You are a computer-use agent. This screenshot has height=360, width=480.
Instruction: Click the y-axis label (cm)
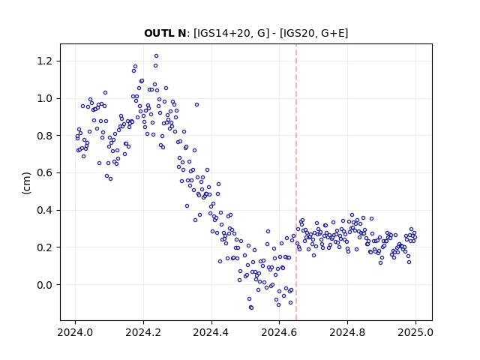27,183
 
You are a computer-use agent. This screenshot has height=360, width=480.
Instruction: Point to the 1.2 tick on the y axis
45,61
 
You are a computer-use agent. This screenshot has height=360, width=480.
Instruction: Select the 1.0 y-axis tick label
45,98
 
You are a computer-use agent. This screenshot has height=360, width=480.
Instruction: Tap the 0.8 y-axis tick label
45,136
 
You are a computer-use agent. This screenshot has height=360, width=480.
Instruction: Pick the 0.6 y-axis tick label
45,173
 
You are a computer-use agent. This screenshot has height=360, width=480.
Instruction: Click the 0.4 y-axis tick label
45,210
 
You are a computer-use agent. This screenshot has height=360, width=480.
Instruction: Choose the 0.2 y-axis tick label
45,247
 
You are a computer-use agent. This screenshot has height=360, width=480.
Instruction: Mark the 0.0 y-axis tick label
45,285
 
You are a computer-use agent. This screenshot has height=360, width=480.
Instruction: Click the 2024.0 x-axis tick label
75,332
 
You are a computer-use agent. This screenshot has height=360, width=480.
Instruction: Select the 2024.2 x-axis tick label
143,332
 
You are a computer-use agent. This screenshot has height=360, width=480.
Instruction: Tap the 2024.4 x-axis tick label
211,332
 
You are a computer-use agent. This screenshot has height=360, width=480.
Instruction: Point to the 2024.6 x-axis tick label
279,332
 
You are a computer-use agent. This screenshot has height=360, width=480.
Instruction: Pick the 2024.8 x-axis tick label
347,332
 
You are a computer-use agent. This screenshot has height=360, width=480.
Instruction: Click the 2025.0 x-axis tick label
415,332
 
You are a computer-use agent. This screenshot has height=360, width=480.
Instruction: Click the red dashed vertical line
296,182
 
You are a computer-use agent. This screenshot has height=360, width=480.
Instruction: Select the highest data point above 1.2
156,56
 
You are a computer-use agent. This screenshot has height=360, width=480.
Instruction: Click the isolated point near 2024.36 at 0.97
196,105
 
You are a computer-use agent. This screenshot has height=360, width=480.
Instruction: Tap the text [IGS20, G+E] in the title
314,33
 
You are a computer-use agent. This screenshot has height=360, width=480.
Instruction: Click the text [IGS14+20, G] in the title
232,33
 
